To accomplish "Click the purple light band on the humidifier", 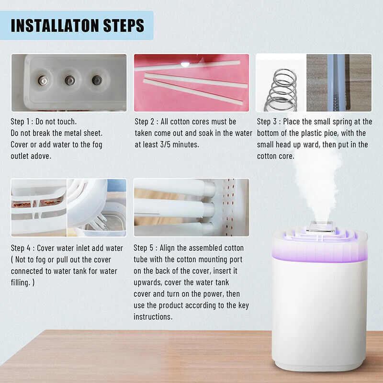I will click(x=320, y=254).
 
